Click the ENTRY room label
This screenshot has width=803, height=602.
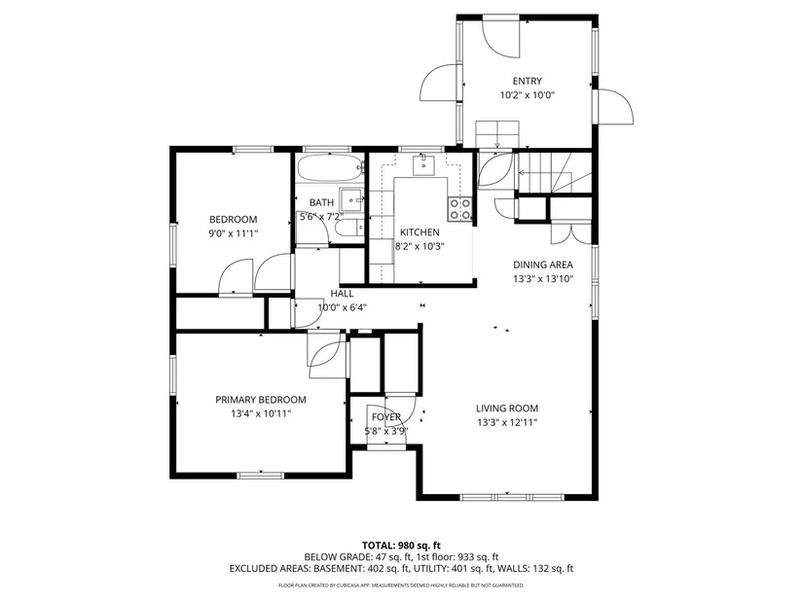click(527, 81)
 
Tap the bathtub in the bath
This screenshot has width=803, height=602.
click(330, 167)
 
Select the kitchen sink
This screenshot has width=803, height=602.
click(423, 164)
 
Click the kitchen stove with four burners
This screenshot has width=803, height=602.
click(459, 209)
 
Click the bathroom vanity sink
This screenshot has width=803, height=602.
click(351, 199)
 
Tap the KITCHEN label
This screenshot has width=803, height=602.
click(420, 232)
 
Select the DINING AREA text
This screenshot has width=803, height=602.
click(543, 265)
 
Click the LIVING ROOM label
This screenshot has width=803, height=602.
click(507, 408)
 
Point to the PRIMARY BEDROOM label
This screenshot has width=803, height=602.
click(261, 400)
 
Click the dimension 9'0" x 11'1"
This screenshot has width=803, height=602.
click(233, 233)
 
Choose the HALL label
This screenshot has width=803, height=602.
click(342, 294)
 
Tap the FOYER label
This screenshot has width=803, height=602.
click(386, 416)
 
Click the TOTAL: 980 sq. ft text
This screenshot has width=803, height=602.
click(401, 546)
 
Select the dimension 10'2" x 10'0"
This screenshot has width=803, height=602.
click(528, 95)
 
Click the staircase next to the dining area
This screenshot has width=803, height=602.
click(553, 172)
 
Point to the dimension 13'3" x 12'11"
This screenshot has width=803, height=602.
click(507, 422)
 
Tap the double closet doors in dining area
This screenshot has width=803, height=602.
click(570, 232)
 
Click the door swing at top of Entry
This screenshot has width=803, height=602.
click(501, 39)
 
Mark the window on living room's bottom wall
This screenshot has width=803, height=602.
click(512, 497)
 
